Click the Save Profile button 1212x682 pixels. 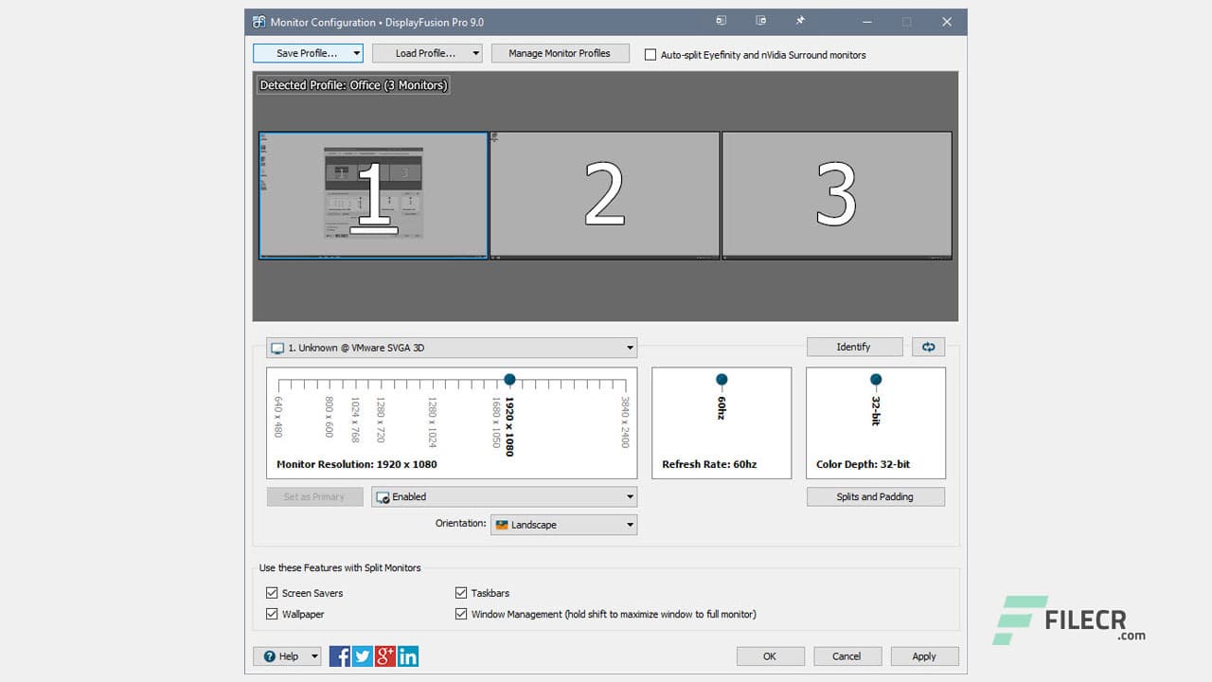point(307,53)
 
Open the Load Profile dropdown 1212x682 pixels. point(427,53)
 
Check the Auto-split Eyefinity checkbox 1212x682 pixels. point(651,55)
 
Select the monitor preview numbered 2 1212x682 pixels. point(604,194)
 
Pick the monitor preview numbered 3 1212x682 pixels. point(836,194)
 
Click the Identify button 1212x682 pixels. point(853,347)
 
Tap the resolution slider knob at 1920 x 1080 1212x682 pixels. point(509,380)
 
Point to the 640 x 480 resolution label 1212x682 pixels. point(278,417)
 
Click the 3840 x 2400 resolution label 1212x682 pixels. point(625,422)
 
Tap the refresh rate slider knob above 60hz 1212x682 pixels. point(722,380)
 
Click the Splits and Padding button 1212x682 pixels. point(875,496)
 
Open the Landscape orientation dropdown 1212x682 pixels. point(563,525)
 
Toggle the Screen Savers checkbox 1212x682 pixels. point(273,593)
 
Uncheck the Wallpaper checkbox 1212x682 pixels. point(273,614)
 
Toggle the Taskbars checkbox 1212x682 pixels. point(462,593)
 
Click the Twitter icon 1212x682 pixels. point(363,655)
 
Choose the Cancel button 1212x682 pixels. point(847,655)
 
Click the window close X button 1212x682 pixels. point(947,22)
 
